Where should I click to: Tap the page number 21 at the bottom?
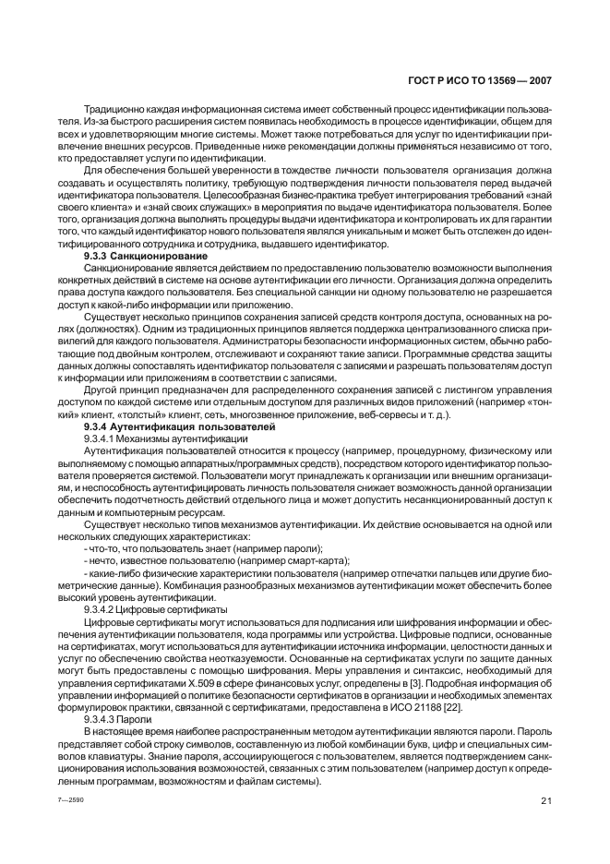pos(545,800)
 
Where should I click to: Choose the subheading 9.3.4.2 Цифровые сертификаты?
pos(155,610)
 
